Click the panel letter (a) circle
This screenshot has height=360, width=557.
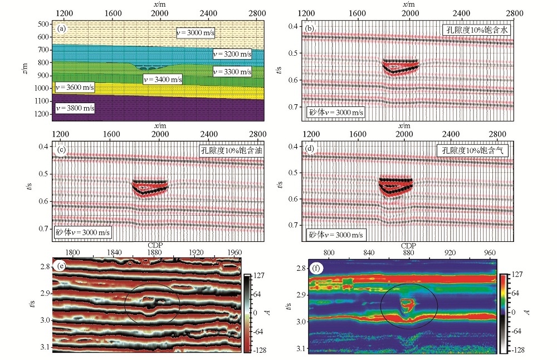coord(62,27)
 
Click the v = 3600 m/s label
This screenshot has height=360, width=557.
coord(75,87)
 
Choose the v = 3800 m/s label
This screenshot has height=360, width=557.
coord(75,108)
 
